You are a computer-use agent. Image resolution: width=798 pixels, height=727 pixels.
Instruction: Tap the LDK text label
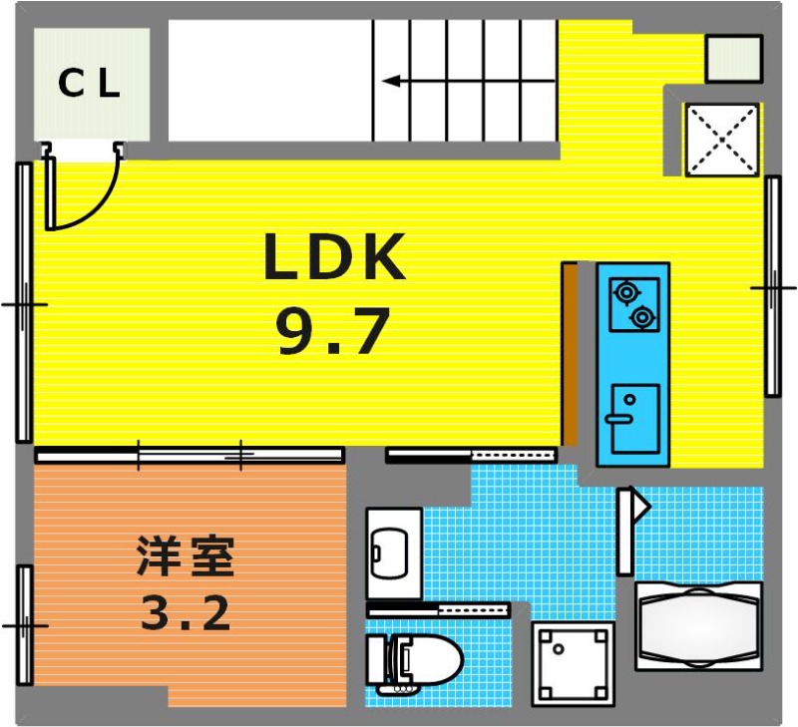tap(334, 257)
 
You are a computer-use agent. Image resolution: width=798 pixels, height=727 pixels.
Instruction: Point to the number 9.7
tap(333, 331)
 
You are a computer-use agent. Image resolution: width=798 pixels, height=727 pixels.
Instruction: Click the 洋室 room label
tap(186, 556)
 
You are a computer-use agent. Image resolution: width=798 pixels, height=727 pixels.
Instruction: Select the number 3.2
tap(186, 612)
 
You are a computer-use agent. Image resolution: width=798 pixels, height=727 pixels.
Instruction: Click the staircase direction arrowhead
tap(391, 81)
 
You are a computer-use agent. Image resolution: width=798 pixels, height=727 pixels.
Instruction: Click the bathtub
tap(698, 625)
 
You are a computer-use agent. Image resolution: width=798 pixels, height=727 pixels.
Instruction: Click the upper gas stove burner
tap(625, 292)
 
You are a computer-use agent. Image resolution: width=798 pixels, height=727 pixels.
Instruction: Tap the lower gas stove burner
tap(642, 317)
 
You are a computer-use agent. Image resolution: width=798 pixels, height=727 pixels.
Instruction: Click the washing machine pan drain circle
tap(560, 649)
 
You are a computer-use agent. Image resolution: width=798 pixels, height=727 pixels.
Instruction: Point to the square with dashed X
tap(722, 140)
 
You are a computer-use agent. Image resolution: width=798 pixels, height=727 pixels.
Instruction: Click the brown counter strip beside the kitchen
tap(570, 354)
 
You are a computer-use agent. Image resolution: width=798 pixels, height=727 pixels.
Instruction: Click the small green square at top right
tap(734, 58)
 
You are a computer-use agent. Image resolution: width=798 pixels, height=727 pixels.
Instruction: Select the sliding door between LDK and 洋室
tap(190, 455)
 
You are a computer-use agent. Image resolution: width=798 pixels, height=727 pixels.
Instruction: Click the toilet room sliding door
tap(438, 609)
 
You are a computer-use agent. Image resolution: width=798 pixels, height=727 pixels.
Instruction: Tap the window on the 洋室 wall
tap(24, 624)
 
